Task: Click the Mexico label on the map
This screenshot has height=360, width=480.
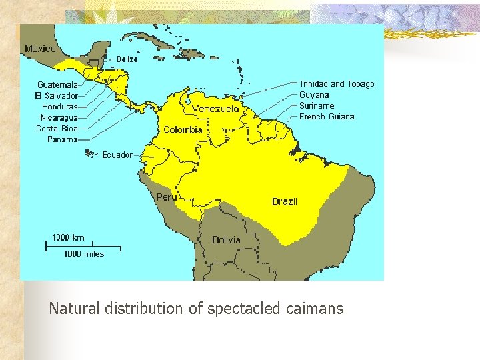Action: coord(41,49)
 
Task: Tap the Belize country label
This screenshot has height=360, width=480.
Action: coord(127,59)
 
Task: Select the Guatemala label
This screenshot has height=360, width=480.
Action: coord(58,85)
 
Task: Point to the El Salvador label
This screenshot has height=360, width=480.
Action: coord(57,95)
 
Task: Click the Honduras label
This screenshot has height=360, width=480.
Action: coord(59,106)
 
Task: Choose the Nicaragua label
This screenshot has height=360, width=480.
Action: coord(59,117)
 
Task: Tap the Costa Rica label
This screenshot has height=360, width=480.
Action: coord(57,128)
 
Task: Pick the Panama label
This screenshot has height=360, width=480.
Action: coord(63,139)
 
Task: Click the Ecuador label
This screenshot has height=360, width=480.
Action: coord(117,155)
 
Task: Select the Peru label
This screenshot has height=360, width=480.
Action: coord(166,197)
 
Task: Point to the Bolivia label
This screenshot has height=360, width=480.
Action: coord(226,239)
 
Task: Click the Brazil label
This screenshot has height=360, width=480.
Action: coord(285,201)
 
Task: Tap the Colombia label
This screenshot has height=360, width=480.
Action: coord(183,130)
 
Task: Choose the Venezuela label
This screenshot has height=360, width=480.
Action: coord(215,109)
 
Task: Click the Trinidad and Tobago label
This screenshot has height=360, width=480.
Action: coord(337,84)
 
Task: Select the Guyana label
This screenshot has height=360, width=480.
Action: coord(314,95)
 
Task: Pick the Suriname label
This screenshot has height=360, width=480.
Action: coord(317,105)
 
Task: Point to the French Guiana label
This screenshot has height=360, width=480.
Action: coord(327,117)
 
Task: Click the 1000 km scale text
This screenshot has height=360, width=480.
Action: coord(69,237)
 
